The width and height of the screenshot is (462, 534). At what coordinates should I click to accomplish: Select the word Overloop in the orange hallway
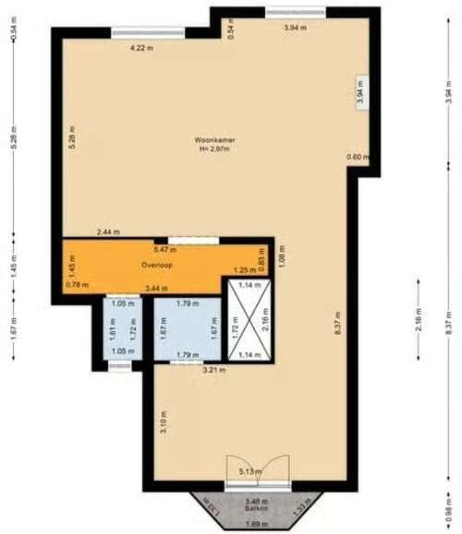(x=157, y=265)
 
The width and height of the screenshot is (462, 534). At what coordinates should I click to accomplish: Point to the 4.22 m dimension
(x=141, y=47)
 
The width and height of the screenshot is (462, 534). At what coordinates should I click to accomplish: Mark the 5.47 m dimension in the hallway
(x=165, y=249)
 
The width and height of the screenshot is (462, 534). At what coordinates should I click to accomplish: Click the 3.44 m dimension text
(x=158, y=290)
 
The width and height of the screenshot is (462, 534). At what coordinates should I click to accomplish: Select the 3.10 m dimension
(x=163, y=425)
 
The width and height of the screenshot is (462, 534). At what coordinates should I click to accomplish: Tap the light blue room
(x=188, y=329)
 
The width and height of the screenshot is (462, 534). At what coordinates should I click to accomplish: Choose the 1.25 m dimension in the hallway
(x=245, y=270)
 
